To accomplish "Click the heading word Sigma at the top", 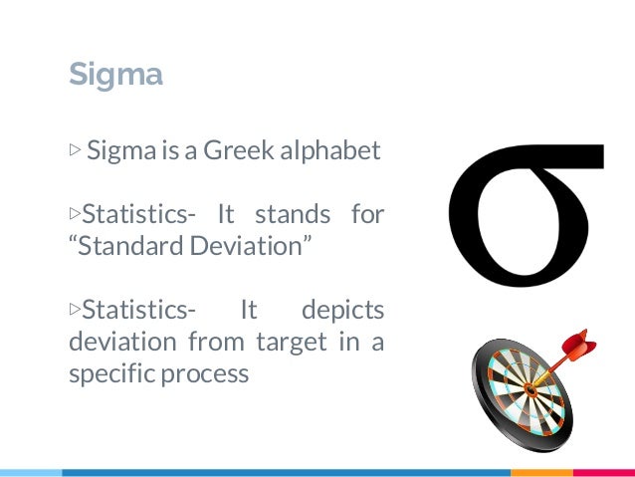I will tap(115, 75).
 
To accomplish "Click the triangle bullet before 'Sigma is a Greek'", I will tap(75, 151).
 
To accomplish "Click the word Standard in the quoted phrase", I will tap(126, 246).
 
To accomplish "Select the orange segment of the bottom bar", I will tap(543, 472).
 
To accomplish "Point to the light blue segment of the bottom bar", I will tap(30, 472).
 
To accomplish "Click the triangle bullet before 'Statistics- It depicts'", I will tap(75, 310).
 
